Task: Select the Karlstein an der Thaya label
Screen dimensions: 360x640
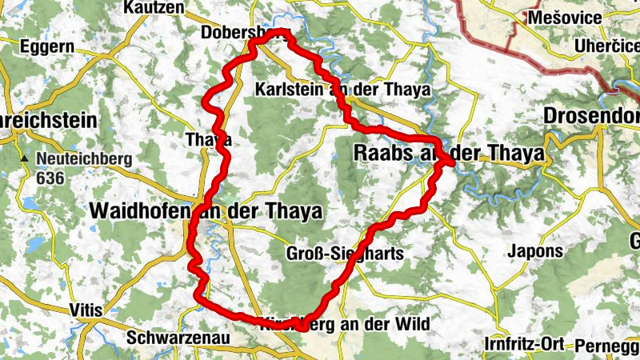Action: pos(342,89)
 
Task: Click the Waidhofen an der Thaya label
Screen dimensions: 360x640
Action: pos(207,211)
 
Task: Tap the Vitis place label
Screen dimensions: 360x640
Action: pos(87,310)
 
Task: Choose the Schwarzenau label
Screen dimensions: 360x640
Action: pos(178,338)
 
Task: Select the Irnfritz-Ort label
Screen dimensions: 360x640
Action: pos(525,344)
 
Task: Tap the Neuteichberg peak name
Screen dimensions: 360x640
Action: pos(83,158)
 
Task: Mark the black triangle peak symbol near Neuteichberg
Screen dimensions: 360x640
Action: pos(26,158)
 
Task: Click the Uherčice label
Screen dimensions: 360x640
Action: pos(606,47)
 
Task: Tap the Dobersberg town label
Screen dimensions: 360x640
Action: pos(237,34)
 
